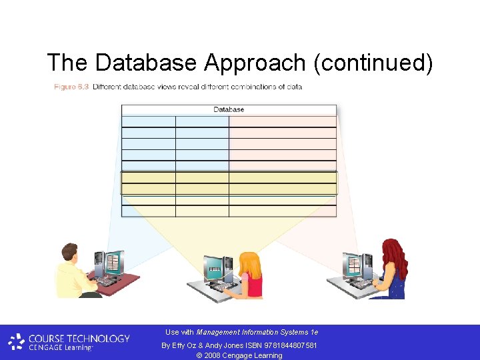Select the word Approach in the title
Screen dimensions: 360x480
pyautogui.click(x=255, y=63)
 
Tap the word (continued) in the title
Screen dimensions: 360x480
pyautogui.click(x=373, y=63)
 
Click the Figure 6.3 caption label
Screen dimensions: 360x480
pyautogui.click(x=71, y=87)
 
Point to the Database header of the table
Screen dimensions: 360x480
pyautogui.click(x=229, y=109)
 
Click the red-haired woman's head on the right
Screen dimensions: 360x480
pyautogui.click(x=393, y=253)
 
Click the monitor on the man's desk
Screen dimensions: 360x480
pyautogui.click(x=114, y=263)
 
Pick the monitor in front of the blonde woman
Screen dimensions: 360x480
pyautogui.click(x=215, y=268)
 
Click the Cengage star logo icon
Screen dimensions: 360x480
pyautogui.click(x=17, y=342)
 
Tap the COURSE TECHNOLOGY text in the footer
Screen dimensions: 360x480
pyautogui.click(x=79, y=338)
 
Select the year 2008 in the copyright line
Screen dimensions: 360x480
pyautogui.click(x=214, y=355)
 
